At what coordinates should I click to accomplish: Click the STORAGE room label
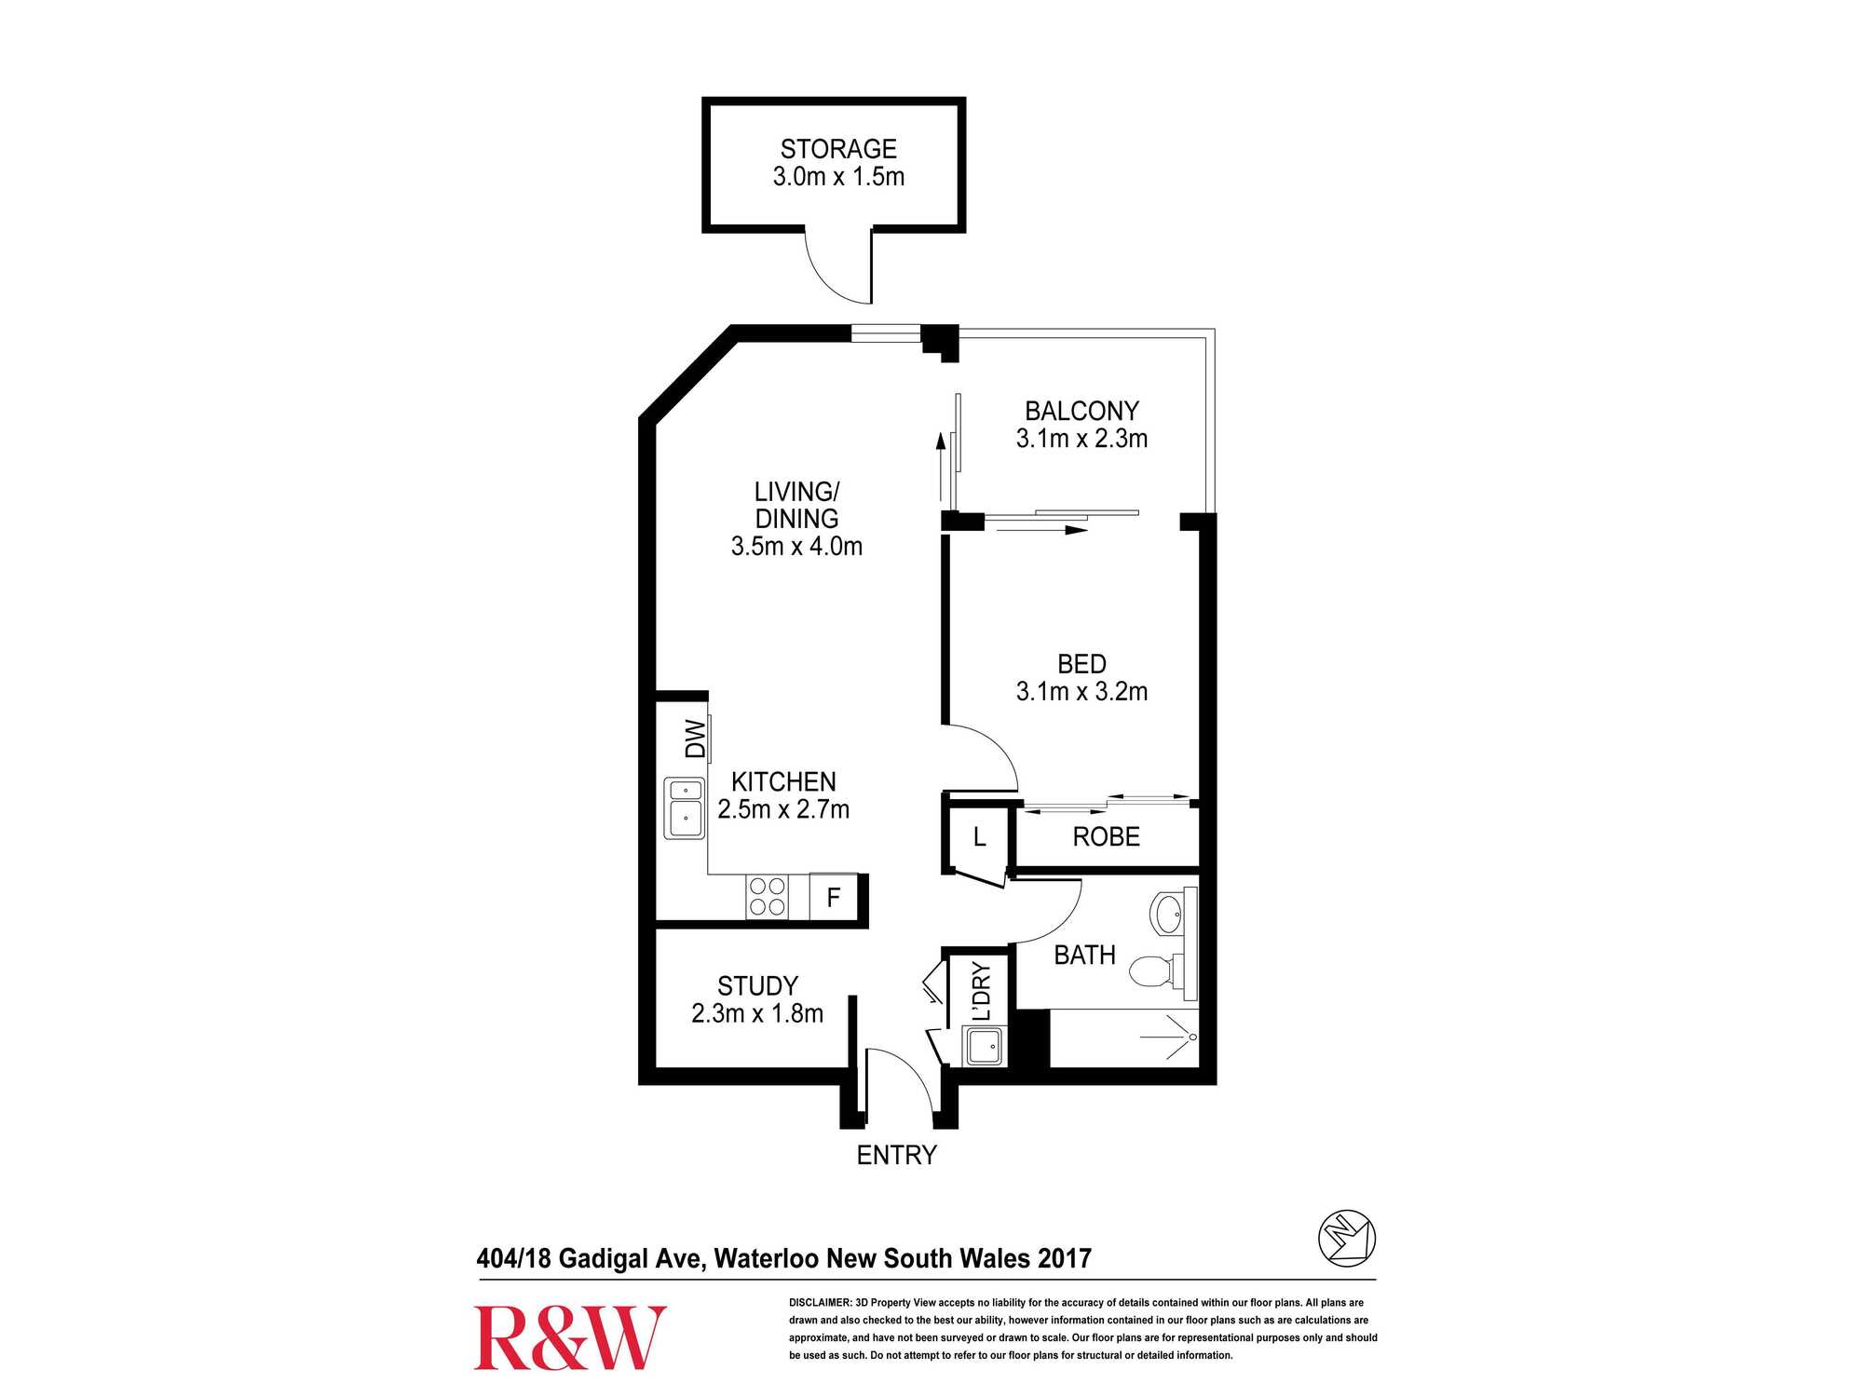pyautogui.click(x=838, y=149)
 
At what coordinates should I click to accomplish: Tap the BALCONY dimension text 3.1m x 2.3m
pyautogui.click(x=1081, y=439)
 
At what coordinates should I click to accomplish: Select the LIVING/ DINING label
pyautogui.click(x=796, y=505)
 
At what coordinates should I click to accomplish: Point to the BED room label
pyautogui.click(x=1081, y=664)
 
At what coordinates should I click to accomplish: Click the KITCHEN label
pyautogui.click(x=783, y=781)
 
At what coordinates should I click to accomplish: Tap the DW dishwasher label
pyautogui.click(x=696, y=739)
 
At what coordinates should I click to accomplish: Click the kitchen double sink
pyautogui.click(x=685, y=807)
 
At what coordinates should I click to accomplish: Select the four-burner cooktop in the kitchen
pyautogui.click(x=768, y=897)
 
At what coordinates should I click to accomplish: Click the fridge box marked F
pyautogui.click(x=834, y=897)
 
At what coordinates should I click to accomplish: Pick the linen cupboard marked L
pyautogui.click(x=979, y=837)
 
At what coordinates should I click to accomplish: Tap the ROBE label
pyautogui.click(x=1106, y=836)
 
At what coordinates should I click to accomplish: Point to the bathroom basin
pyautogui.click(x=1168, y=914)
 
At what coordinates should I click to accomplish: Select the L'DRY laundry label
pyautogui.click(x=981, y=992)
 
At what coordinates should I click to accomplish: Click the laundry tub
pyautogui.click(x=985, y=1047)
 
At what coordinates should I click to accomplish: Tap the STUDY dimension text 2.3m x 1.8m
pyautogui.click(x=757, y=1013)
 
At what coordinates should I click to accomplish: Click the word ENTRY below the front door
pyautogui.click(x=896, y=1155)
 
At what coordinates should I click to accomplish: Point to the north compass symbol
pyautogui.click(x=1347, y=1239)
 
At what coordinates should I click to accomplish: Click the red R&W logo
pyautogui.click(x=570, y=1337)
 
